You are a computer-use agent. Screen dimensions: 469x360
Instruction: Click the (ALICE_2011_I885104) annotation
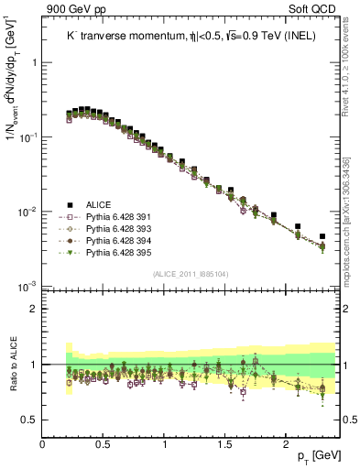[x=190, y=274]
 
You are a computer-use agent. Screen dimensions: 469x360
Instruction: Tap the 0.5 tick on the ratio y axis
[x=29, y=420]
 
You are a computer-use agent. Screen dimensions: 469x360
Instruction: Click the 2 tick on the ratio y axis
[x=34, y=309]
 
